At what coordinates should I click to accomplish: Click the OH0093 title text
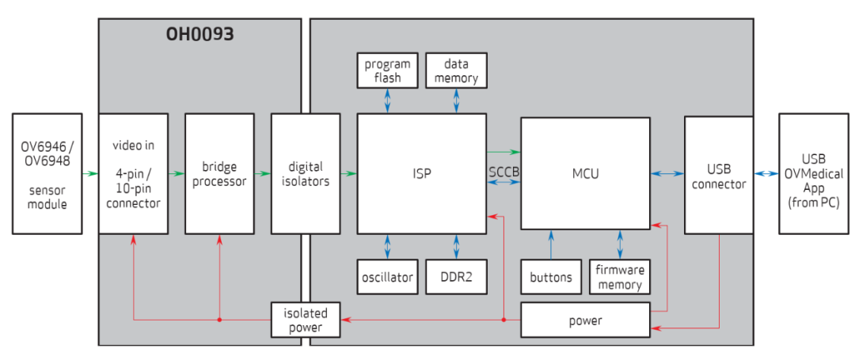[200, 35]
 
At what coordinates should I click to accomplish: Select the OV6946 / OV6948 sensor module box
[47, 173]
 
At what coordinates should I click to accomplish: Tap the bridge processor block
[219, 173]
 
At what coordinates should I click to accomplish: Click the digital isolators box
[305, 173]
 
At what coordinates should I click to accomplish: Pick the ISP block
[421, 173]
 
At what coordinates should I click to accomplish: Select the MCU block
[585, 173]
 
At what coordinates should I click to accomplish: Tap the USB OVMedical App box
[813, 173]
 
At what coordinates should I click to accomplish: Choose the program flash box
[387, 70]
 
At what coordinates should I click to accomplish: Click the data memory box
[456, 70]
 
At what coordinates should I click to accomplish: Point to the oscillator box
[387, 277]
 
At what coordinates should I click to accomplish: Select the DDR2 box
[456, 277]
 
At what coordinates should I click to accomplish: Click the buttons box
[550, 277]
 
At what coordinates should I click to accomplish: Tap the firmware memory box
[620, 277]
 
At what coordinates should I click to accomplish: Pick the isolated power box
[305, 320]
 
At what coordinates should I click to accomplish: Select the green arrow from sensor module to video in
[90, 173]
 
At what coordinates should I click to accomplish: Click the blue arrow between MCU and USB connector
[667, 173]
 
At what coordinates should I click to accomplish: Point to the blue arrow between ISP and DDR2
[456, 246]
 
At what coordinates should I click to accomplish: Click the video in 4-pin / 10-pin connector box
[133, 173]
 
